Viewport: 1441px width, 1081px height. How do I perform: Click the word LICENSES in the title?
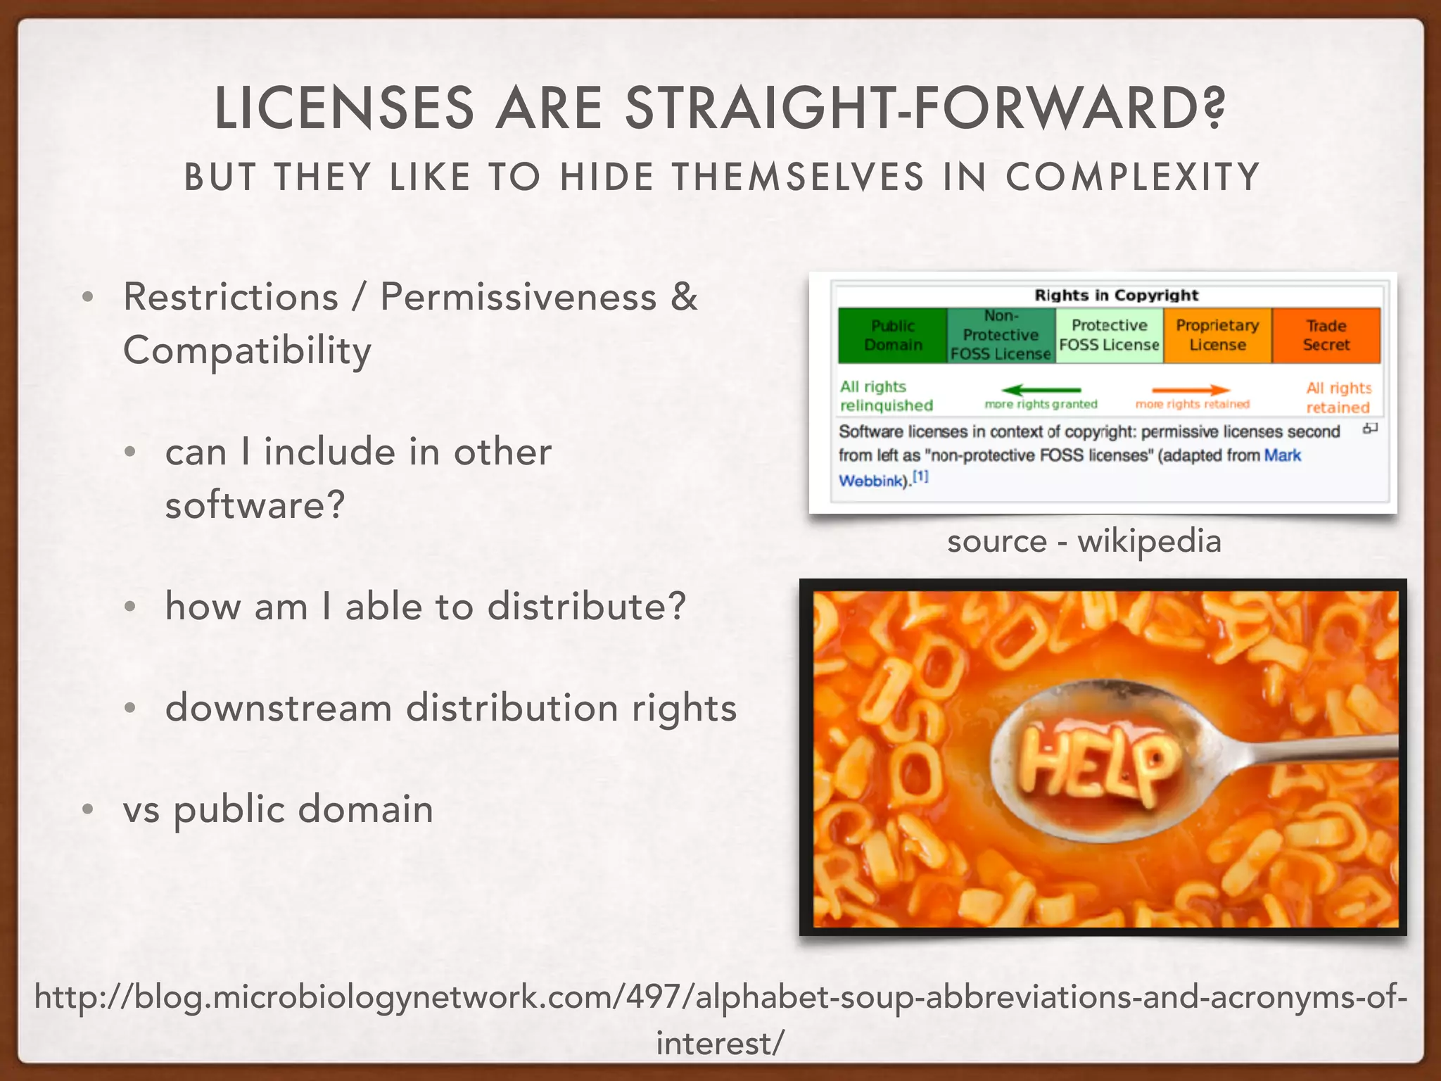coord(344,109)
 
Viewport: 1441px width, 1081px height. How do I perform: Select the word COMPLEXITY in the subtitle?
coord(1132,177)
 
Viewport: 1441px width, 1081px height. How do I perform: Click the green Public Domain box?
coord(893,336)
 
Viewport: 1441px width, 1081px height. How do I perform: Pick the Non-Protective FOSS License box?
coord(1001,336)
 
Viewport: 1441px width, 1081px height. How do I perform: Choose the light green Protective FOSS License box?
coord(1110,336)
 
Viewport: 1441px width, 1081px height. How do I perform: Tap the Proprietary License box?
coord(1218,336)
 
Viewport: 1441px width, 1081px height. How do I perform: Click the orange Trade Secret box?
coord(1326,336)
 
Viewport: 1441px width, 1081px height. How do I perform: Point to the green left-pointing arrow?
coord(1041,390)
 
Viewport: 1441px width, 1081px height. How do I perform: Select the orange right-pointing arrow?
coord(1191,390)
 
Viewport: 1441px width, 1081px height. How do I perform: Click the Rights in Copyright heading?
coord(1116,296)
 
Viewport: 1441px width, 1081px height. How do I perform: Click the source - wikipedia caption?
coord(1084,541)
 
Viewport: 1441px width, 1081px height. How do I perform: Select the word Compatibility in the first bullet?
coord(247,350)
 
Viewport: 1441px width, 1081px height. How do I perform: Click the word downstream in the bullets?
coord(279,707)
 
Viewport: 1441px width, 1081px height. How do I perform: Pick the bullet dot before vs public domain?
coord(87,809)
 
